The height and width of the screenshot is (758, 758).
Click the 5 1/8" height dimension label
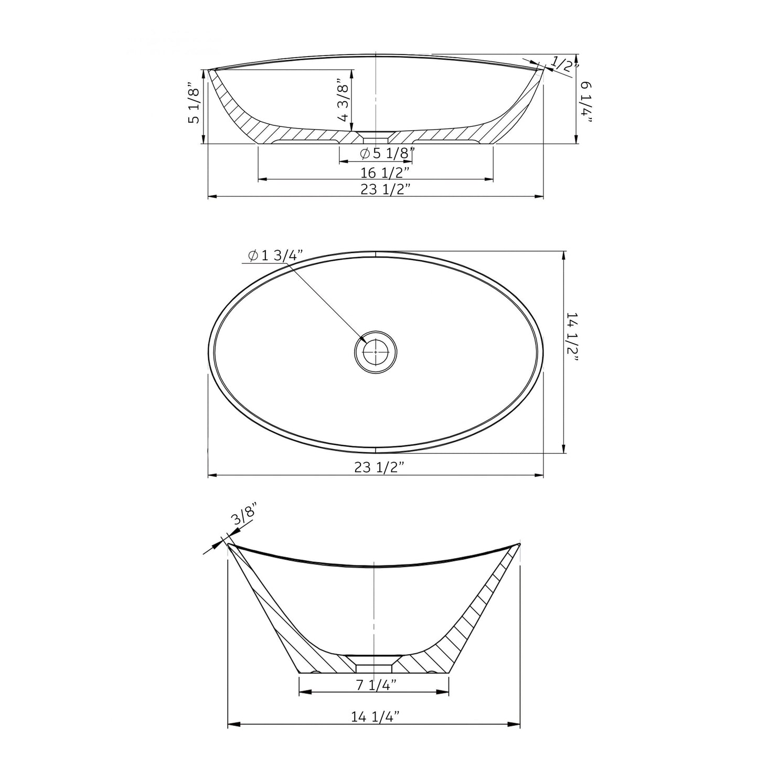point(194,103)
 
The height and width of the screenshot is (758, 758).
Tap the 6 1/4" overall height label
point(587,103)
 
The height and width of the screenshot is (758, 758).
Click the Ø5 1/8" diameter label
point(388,154)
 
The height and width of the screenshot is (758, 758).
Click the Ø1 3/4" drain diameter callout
point(275,255)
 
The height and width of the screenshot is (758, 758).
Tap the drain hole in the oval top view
point(376,352)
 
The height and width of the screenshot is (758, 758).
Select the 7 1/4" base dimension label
point(373,685)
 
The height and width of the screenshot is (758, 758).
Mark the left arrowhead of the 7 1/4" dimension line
point(303,692)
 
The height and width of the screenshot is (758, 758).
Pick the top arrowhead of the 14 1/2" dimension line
point(564,255)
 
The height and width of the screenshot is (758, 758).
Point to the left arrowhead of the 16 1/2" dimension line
point(262,179)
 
